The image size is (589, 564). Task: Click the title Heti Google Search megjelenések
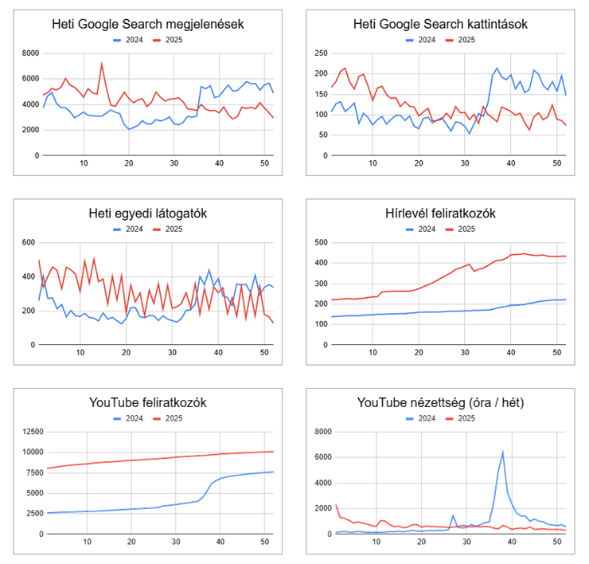[147, 23]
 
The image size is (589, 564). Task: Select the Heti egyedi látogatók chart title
[147, 213]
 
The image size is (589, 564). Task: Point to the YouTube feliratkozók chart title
[147, 402]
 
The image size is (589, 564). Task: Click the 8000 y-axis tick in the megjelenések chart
[29, 53]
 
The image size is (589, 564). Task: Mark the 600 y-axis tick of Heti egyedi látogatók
[27, 243]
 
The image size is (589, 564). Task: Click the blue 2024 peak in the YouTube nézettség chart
[502, 452]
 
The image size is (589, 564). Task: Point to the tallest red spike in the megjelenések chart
[101, 65]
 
